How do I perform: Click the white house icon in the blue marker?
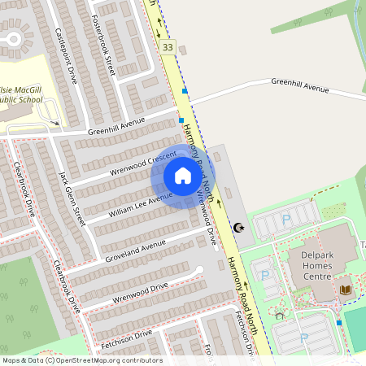[183, 176]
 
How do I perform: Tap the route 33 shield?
[168, 48]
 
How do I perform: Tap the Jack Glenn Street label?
[72, 198]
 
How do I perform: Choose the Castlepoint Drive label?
[65, 55]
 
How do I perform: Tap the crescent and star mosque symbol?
[238, 229]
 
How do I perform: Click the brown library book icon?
[345, 289]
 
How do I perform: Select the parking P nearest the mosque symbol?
[285, 219]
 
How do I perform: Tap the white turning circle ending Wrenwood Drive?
[198, 269]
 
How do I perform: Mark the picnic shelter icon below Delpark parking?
[280, 315]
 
